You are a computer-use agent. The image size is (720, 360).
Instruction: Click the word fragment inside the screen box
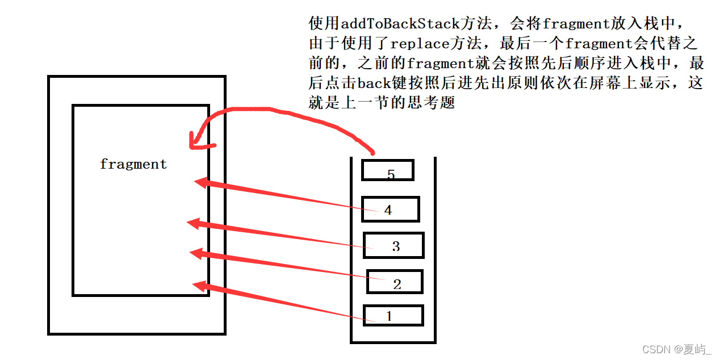(133, 165)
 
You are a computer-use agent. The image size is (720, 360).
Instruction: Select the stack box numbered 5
(388, 170)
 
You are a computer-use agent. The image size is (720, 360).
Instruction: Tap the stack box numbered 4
(390, 209)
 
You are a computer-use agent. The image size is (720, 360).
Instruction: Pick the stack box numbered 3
(394, 245)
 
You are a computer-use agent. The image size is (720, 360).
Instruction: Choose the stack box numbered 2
(395, 282)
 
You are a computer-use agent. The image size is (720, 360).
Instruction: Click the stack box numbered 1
(393, 315)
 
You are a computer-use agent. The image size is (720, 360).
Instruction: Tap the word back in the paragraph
(374, 83)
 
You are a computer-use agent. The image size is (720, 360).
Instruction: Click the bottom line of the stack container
(393, 342)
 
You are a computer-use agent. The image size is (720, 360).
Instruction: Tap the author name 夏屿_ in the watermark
(696, 349)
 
